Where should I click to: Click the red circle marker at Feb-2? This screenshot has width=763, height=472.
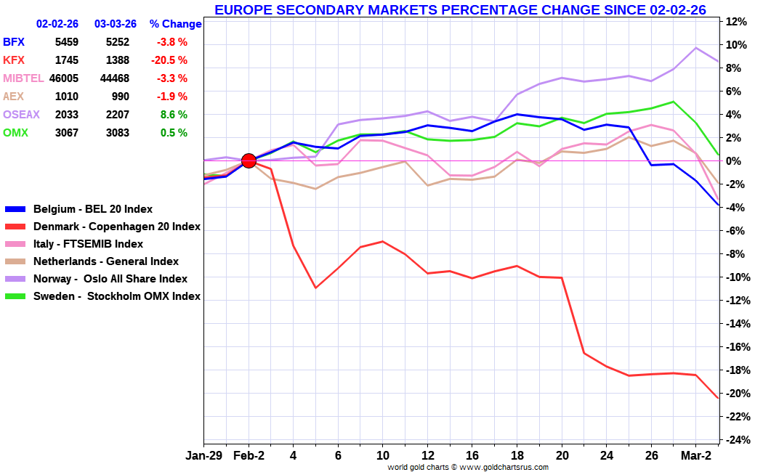coord(249,160)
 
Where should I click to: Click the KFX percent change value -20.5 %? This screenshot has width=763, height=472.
coord(169,60)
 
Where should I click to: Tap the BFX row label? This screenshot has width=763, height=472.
coord(14,42)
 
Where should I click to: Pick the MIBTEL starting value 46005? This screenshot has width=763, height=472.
coord(63,78)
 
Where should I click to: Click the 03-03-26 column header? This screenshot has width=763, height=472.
coord(115,24)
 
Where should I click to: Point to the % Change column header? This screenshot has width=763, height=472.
coord(175,24)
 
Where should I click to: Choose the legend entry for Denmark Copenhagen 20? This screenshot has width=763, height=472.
coord(116,227)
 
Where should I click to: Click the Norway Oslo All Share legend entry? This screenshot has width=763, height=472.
coord(110,279)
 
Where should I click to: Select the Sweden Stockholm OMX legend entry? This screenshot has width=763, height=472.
coord(116,296)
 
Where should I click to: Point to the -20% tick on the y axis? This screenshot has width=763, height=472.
coord(735,394)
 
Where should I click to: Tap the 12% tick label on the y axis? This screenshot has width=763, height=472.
coord(736,22)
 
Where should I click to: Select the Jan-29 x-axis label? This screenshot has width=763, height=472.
coord(205,456)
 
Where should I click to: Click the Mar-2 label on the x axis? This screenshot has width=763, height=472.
coord(695,456)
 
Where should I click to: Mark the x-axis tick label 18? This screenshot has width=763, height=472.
coord(517,456)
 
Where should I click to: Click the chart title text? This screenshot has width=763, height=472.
coord(460,9)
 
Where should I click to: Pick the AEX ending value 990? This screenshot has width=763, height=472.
coord(120,97)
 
